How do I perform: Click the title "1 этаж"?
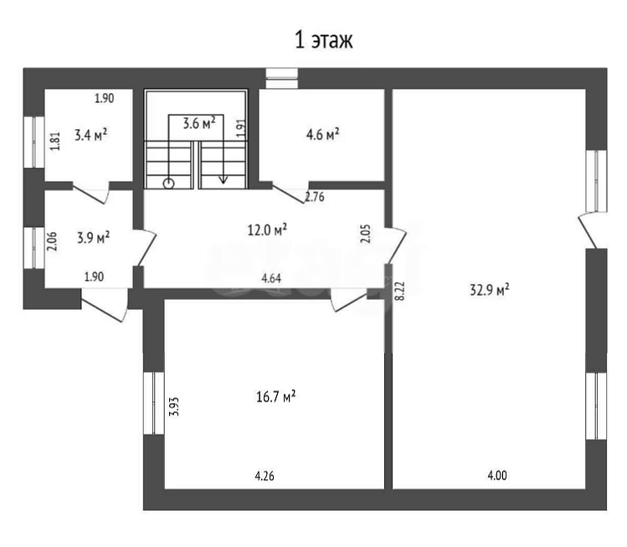click(x=324, y=40)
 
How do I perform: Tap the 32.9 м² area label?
click(x=489, y=289)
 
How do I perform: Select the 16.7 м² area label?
click(x=275, y=396)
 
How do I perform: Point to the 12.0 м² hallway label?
click(x=267, y=230)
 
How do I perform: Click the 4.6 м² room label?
click(x=322, y=135)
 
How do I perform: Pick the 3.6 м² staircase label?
click(x=199, y=123)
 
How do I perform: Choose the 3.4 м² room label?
click(x=90, y=135)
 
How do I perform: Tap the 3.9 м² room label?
click(x=93, y=238)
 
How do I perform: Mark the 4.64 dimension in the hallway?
click(x=271, y=278)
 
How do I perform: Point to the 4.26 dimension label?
click(x=265, y=476)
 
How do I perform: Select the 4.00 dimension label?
click(x=497, y=475)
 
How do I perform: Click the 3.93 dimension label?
click(x=174, y=407)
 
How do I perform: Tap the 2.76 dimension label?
click(x=315, y=197)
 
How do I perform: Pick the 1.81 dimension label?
click(x=55, y=142)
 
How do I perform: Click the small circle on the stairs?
click(x=169, y=183)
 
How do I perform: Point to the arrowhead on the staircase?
click(x=224, y=180)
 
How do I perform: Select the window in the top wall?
click(x=282, y=79)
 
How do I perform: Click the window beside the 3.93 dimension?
click(x=154, y=404)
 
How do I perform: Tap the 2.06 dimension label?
click(x=53, y=242)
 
